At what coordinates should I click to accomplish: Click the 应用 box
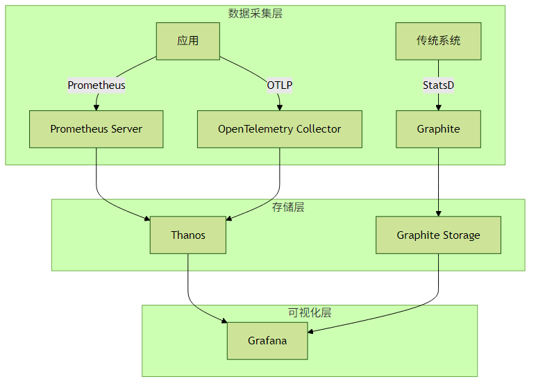click(x=187, y=41)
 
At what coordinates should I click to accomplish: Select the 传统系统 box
click(x=438, y=41)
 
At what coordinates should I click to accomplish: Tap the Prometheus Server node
click(x=96, y=129)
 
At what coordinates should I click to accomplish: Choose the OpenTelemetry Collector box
click(x=279, y=129)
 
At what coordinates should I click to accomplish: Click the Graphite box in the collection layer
click(x=438, y=129)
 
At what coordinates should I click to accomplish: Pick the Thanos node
click(x=187, y=235)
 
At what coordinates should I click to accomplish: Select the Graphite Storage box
click(x=438, y=235)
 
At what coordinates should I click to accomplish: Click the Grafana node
click(x=267, y=341)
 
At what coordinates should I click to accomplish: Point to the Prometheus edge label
click(x=97, y=85)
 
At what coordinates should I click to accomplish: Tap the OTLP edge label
click(x=280, y=85)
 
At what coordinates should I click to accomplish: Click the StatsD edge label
click(x=438, y=85)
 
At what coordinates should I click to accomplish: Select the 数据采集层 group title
click(x=255, y=13)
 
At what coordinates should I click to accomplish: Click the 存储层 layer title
click(x=288, y=207)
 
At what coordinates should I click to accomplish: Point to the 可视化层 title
click(x=310, y=312)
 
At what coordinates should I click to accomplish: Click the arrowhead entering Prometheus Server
click(x=97, y=108)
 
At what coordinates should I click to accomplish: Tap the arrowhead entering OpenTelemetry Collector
click(x=280, y=108)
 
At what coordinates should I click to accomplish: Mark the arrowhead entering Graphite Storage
click(x=438, y=213)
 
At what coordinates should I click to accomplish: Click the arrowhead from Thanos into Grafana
click(x=224, y=321)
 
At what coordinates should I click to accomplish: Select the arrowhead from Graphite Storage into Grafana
click(x=310, y=331)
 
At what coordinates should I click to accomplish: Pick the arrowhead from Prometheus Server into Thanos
click(x=147, y=219)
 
